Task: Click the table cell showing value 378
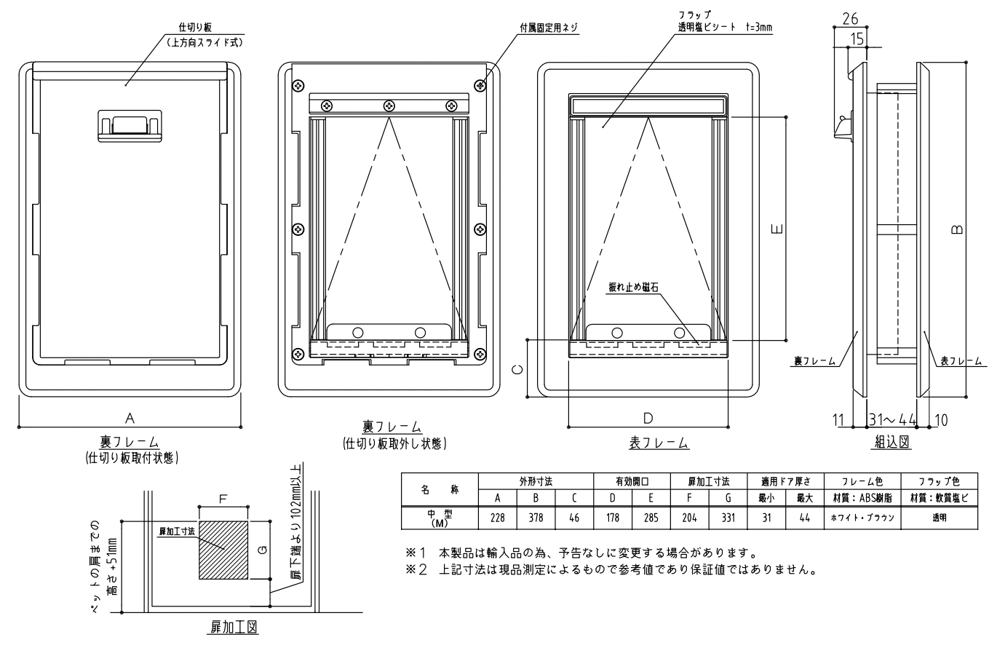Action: click(536, 518)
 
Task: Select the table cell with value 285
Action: click(651, 518)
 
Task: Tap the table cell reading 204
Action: click(689, 518)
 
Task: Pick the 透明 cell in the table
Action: click(939, 518)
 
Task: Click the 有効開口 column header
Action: click(632, 481)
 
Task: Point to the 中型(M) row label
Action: click(440, 518)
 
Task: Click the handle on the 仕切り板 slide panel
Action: click(130, 126)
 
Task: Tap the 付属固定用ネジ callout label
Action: click(549, 28)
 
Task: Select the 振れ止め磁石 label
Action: click(633, 288)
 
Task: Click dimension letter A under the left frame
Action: click(130, 418)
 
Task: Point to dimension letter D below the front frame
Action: click(648, 418)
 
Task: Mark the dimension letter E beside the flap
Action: click(777, 229)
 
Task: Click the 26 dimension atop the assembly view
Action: click(850, 19)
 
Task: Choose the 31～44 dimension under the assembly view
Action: click(892, 419)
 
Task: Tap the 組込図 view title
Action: click(891, 442)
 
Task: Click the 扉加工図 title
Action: click(234, 627)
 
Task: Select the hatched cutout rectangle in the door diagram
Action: click(223, 550)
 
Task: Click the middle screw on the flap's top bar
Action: click(389, 106)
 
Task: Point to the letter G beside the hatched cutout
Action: click(263, 550)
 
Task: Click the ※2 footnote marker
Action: click(416, 569)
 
